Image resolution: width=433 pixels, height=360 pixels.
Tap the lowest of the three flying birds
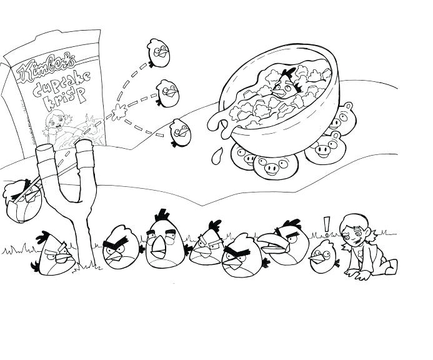tap(179, 130)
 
